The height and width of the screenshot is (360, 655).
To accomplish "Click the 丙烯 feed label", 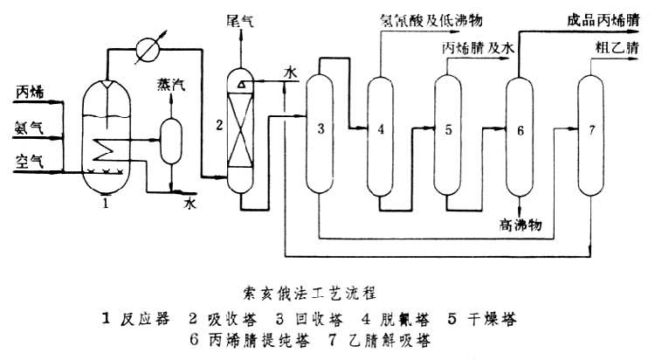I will pos(29,90).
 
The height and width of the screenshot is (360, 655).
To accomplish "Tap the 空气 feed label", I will pos(29,159).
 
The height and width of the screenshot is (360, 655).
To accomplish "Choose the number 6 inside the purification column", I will pos(521,132).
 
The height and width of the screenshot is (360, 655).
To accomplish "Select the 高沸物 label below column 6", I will pos(521,225).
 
